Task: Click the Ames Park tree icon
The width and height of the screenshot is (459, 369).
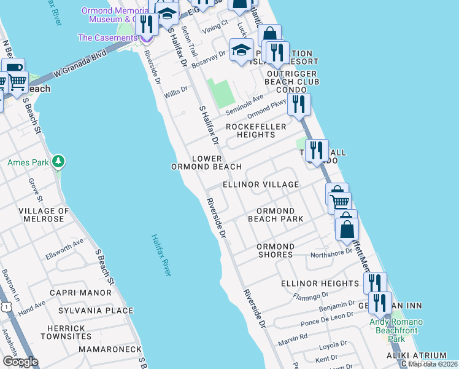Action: pyautogui.click(x=58, y=162)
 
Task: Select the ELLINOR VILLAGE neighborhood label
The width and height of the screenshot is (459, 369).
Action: pyautogui.click(x=261, y=184)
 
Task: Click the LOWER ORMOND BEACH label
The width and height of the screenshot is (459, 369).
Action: pyautogui.click(x=206, y=162)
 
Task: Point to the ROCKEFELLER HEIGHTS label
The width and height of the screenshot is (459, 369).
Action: pyautogui.click(x=256, y=130)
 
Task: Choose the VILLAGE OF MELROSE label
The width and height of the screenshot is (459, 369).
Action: pyautogui.click(x=42, y=215)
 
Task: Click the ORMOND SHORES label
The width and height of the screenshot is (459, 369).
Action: pyautogui.click(x=275, y=250)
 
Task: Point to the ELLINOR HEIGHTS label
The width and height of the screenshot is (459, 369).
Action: pyautogui.click(x=320, y=284)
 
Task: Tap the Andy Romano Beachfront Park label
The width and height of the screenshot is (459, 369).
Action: pyautogui.click(x=396, y=330)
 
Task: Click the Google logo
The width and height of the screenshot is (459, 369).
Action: pyautogui.click(x=20, y=361)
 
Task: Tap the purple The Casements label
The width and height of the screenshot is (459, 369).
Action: pyautogui.click(x=107, y=38)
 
